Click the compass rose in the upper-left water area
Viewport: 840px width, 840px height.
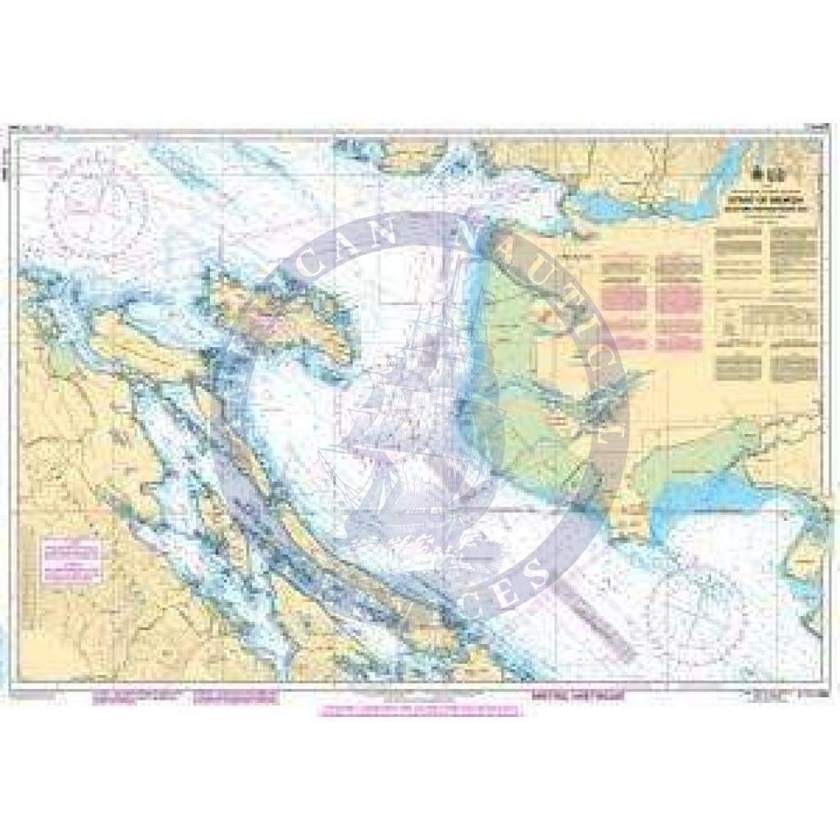[97, 201]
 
